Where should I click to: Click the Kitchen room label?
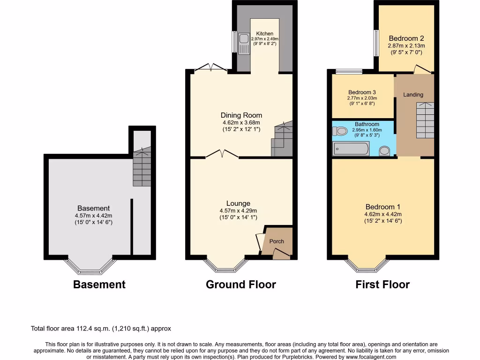264,34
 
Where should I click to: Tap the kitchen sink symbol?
244,43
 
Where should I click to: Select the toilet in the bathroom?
341,132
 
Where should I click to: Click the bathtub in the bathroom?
351,149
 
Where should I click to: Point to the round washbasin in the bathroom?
384,150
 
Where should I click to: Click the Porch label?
277,241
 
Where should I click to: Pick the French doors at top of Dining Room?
210,68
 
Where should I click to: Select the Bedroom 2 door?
422,69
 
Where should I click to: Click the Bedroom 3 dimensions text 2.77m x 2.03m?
362,98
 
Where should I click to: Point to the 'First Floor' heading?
382,285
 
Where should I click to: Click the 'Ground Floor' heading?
241,285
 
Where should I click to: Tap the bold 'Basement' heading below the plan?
99,285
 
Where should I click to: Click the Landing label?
413,95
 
